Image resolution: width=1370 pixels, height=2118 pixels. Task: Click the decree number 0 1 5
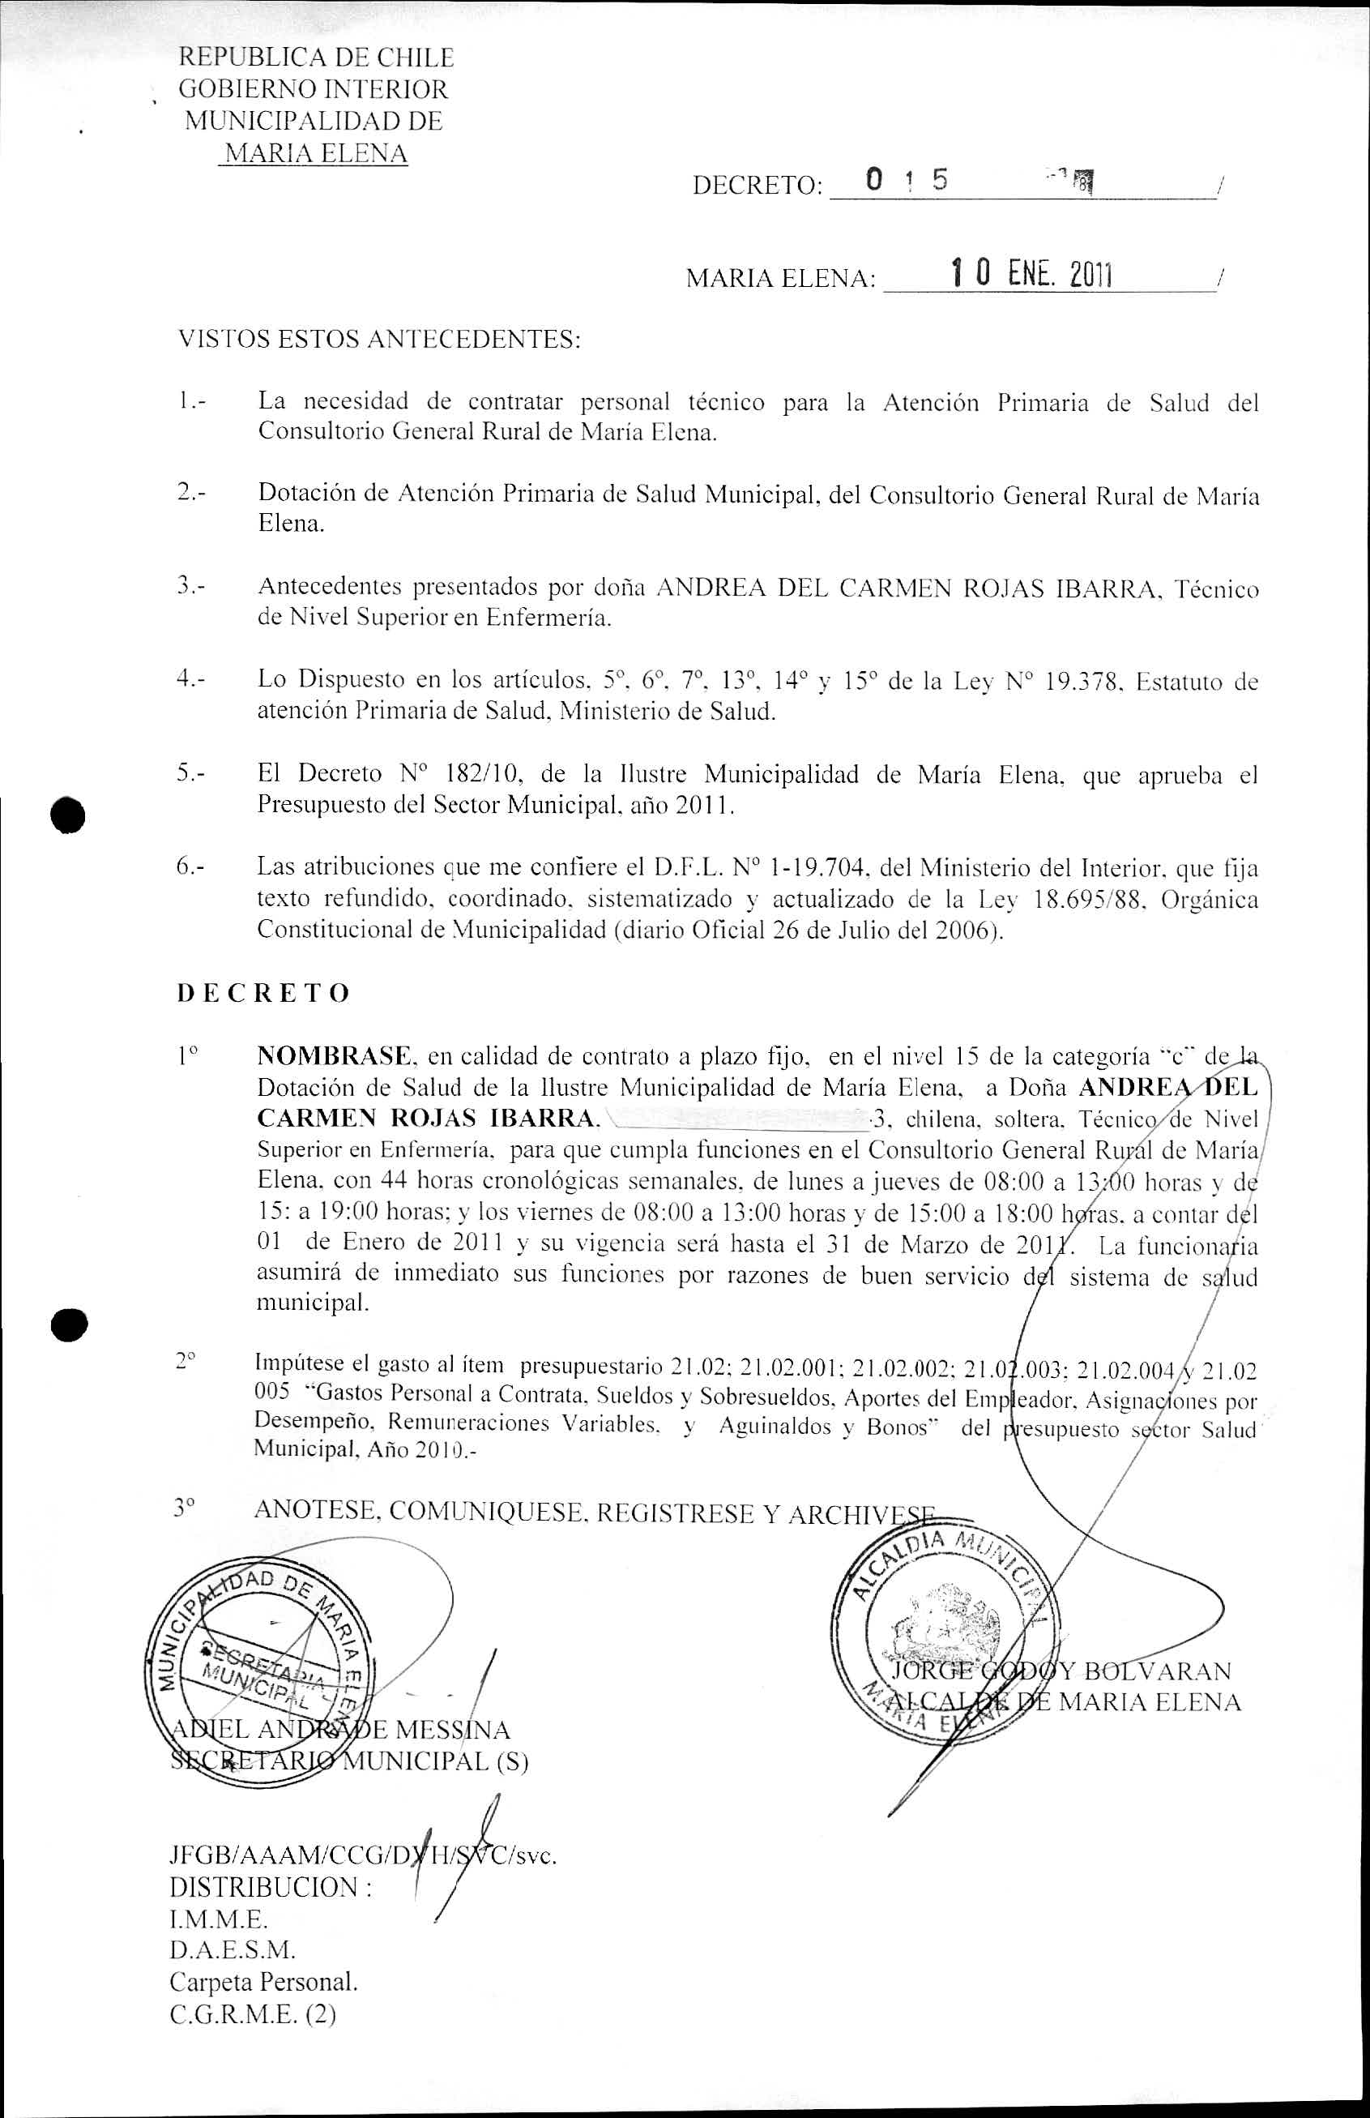point(906,181)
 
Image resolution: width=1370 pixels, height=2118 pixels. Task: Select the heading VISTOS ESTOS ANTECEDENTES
point(379,339)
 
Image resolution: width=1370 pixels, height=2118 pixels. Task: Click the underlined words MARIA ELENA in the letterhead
point(315,154)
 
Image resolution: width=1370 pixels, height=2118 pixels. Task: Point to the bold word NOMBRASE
point(335,1057)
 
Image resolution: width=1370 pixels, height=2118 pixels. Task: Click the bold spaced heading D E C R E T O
point(263,993)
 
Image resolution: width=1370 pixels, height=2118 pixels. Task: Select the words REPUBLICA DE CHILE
point(316,58)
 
